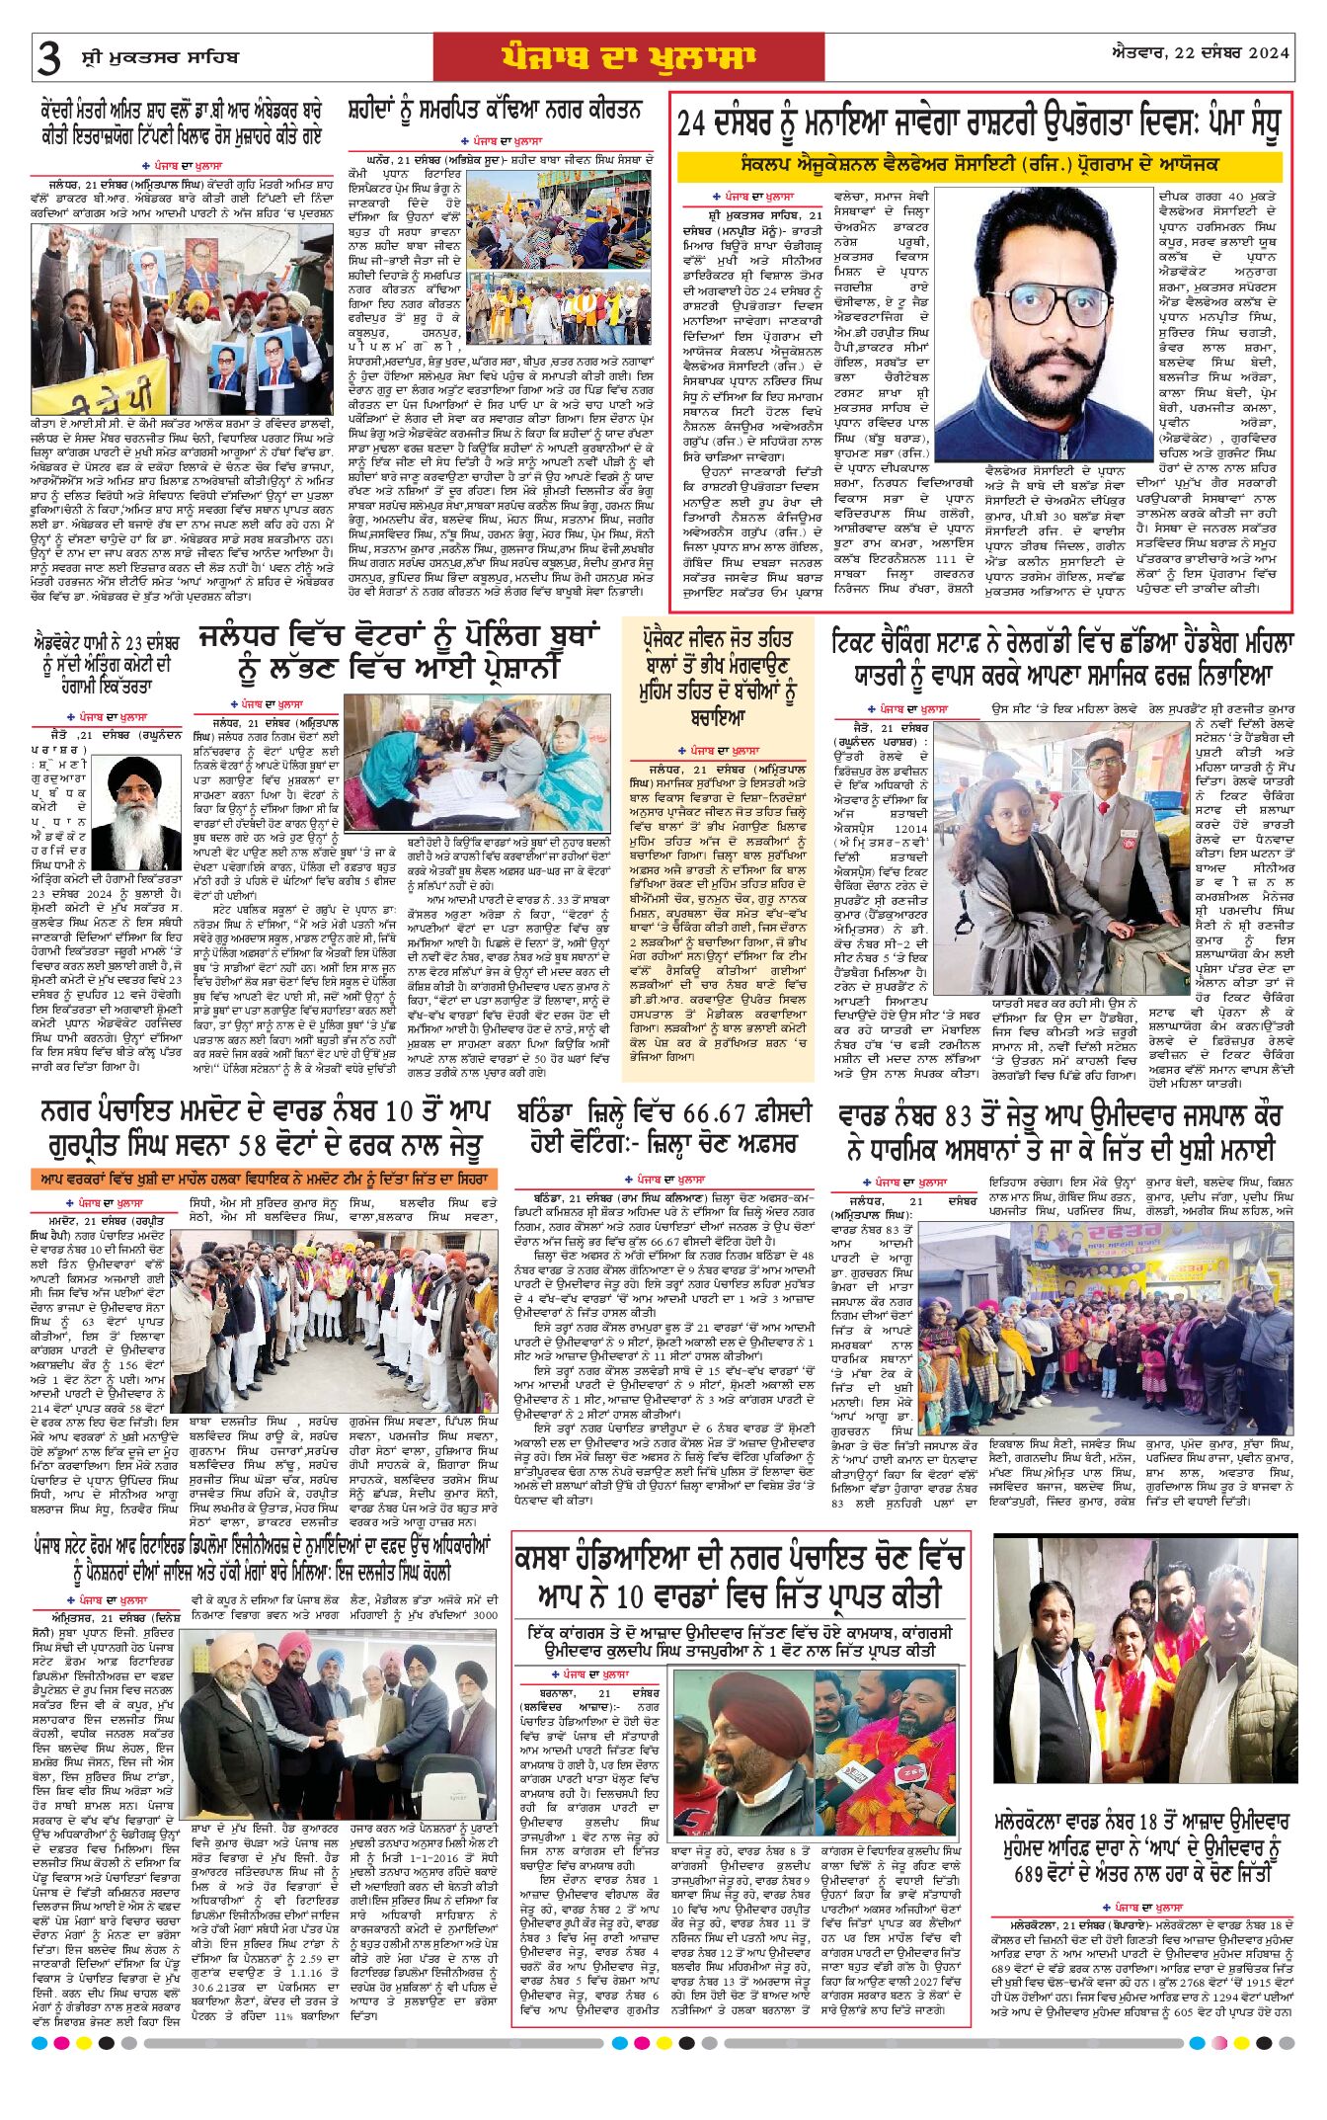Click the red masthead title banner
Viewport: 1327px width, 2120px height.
click(x=628, y=57)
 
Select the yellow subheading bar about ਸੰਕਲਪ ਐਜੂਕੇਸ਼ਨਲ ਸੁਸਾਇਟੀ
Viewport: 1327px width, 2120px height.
click(x=978, y=164)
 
